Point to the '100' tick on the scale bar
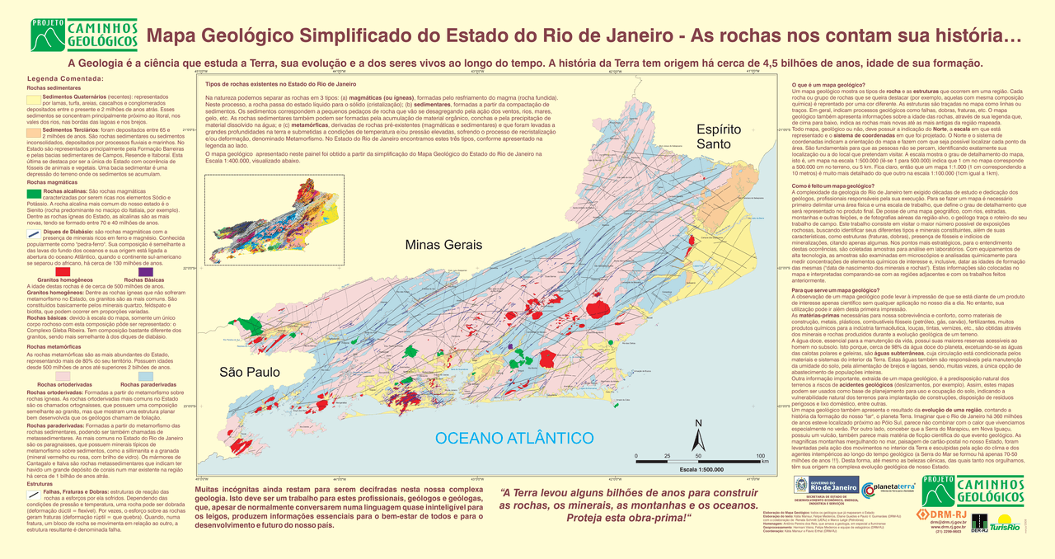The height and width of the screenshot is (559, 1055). pos(759,456)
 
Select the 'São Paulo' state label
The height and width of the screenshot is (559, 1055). pos(245,373)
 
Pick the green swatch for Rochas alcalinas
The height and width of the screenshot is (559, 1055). pos(33,194)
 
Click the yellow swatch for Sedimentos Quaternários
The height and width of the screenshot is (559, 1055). pos(33,98)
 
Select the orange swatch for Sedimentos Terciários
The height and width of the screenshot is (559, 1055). pos(33,131)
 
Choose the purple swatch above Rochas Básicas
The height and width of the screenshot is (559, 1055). pos(145,271)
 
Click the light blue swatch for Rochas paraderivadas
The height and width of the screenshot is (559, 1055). pos(145,375)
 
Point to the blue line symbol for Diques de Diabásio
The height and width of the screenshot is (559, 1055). pos(33,233)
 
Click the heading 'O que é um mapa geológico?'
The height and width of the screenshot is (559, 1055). pos(828,86)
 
